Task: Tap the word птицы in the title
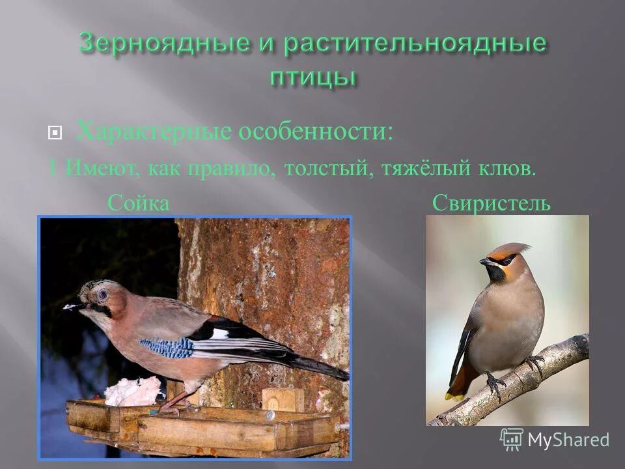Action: click(x=312, y=76)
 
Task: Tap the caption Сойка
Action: click(x=138, y=204)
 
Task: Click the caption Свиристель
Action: click(x=492, y=204)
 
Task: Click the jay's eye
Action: click(x=103, y=294)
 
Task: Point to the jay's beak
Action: click(x=74, y=306)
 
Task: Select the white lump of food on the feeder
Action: click(x=133, y=391)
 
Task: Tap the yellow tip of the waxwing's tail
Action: click(x=453, y=395)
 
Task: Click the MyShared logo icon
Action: click(x=512, y=439)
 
